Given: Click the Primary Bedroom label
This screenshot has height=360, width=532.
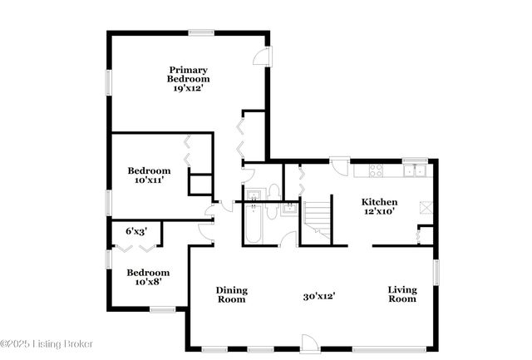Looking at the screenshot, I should click(188, 74).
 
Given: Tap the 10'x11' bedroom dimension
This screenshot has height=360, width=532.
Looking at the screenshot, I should click(149, 180).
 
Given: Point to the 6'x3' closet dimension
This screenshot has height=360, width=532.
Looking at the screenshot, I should click(136, 231).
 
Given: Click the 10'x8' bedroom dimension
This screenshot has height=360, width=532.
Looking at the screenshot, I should click(148, 281).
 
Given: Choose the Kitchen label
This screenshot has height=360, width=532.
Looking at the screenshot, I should click(379, 202).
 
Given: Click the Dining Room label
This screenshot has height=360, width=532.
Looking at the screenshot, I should click(232, 294).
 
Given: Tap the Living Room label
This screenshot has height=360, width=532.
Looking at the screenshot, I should click(402, 294).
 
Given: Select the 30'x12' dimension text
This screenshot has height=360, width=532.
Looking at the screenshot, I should click(318, 295).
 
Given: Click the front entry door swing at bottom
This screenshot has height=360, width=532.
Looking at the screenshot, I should click(308, 343).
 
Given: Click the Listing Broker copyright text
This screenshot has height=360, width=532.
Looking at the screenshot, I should click(47, 343).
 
